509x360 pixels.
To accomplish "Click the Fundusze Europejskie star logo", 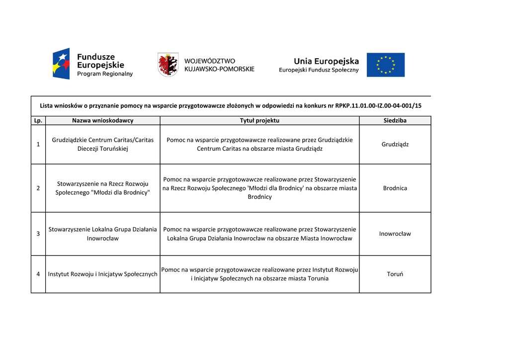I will click(x=61, y=64).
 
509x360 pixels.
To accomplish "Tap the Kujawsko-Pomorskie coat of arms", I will click(x=168, y=65).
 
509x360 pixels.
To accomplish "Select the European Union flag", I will click(x=386, y=65).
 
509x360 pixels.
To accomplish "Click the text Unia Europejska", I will click(x=326, y=61).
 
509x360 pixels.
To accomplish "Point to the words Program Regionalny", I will click(x=105, y=74).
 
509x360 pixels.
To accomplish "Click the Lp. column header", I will click(x=38, y=120).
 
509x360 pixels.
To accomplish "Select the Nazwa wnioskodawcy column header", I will click(x=103, y=120).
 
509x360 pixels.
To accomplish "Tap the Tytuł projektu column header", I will click(x=259, y=120).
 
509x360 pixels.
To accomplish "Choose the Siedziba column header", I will click(x=395, y=120).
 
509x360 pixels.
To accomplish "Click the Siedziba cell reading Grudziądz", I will click(x=395, y=144).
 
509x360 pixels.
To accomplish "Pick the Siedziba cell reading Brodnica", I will click(x=395, y=188).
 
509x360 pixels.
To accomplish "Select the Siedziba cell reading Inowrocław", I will click(x=395, y=234).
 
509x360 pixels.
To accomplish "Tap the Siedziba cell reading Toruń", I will click(x=395, y=274).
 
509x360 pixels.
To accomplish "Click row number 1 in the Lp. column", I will click(x=38, y=144).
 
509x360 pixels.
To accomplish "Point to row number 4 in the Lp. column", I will click(x=38, y=274).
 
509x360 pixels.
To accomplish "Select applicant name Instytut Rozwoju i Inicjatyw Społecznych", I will click(x=103, y=274).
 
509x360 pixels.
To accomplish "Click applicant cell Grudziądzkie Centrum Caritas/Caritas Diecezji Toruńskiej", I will click(x=103, y=144).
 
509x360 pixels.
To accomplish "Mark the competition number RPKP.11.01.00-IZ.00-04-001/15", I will click(x=378, y=105).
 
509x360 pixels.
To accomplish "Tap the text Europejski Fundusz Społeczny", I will click(x=319, y=70).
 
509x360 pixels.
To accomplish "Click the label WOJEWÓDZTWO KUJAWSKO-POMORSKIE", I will click(x=219, y=65).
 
